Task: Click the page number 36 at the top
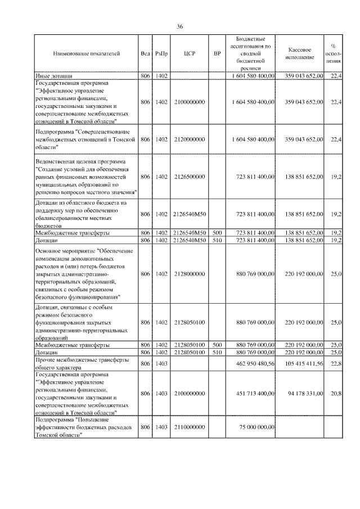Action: click(x=180, y=26)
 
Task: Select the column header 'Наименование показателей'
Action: click(x=87, y=54)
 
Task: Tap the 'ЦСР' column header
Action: click(x=189, y=54)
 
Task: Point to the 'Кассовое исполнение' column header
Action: click(x=304, y=54)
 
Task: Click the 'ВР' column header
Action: click(x=217, y=54)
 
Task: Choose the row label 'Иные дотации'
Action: click(x=53, y=75)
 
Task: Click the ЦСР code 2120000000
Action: click(x=189, y=139)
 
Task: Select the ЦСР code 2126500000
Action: click(x=189, y=177)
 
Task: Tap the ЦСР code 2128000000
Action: click(x=189, y=274)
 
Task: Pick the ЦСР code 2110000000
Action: click(x=189, y=427)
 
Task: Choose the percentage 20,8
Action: click(x=336, y=394)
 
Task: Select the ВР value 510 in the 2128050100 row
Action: click(x=217, y=352)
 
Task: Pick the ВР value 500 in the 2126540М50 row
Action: click(x=217, y=232)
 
